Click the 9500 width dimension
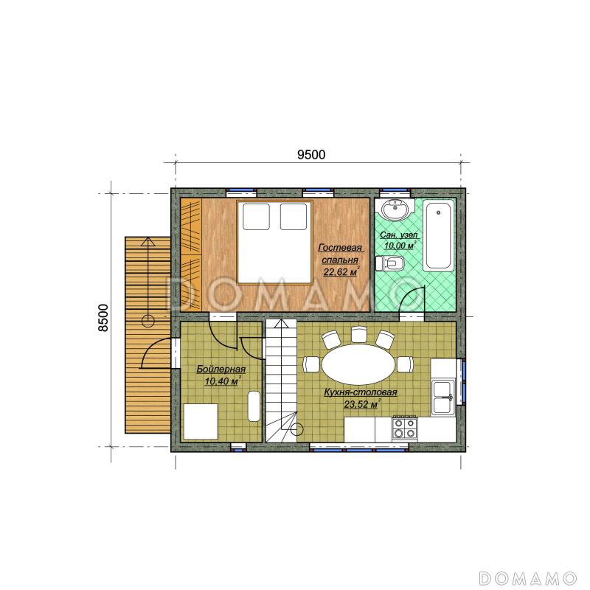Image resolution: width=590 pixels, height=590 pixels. [311, 155]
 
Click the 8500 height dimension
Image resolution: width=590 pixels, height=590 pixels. [103, 318]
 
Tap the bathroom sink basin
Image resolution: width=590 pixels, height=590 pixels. [395, 209]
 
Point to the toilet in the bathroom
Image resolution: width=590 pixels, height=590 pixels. [390, 263]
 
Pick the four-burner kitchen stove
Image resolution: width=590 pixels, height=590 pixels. [404, 428]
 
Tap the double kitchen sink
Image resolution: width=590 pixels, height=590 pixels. [443, 397]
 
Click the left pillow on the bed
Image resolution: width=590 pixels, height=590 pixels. [256, 216]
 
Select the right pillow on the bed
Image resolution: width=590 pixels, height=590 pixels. [294, 216]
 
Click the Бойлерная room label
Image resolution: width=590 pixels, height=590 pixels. [221, 369]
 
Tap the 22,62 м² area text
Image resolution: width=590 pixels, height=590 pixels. [341, 271]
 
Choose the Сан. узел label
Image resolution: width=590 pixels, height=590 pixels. [399, 235]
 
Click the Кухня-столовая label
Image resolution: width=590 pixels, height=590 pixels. [361, 392]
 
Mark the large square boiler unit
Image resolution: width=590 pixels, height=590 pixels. [201, 421]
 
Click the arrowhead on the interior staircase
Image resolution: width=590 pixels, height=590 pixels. [281, 324]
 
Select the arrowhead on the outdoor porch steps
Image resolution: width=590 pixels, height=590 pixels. [148, 241]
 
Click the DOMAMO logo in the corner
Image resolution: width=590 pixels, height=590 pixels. [528, 577]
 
